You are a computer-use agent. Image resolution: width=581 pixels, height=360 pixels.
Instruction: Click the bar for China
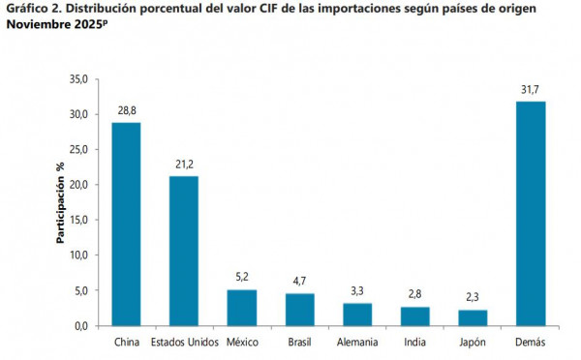click(x=126, y=224)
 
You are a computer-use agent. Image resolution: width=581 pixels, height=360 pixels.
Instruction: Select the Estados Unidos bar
click(x=184, y=251)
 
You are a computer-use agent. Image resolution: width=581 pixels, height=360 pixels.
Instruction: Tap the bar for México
click(x=242, y=308)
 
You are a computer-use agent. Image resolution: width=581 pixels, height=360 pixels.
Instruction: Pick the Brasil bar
click(x=299, y=310)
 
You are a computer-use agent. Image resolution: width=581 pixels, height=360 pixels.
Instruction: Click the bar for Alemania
click(x=357, y=315)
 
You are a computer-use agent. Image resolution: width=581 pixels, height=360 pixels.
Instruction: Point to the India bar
click(x=414, y=316)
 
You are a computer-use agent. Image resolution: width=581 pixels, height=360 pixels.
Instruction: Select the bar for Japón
click(x=473, y=317)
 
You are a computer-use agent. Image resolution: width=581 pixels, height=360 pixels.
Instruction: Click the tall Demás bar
click(x=531, y=214)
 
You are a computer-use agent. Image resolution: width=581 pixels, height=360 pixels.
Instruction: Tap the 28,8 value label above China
click(x=126, y=111)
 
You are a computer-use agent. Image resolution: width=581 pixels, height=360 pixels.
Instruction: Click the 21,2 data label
click(x=184, y=165)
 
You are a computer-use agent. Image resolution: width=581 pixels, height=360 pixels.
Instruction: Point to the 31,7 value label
click(x=531, y=90)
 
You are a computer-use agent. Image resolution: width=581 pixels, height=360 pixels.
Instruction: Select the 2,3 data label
click(x=473, y=298)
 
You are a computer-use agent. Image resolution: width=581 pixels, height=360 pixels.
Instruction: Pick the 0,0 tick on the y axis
click(x=80, y=325)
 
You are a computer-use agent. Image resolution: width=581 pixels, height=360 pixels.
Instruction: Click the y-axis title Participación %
click(x=60, y=202)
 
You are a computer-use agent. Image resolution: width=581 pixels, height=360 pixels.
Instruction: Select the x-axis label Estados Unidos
click(x=184, y=343)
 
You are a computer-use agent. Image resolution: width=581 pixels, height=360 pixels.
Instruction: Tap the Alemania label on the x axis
click(x=357, y=343)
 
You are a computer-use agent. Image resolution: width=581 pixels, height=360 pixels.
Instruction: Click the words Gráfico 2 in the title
click(x=35, y=10)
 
